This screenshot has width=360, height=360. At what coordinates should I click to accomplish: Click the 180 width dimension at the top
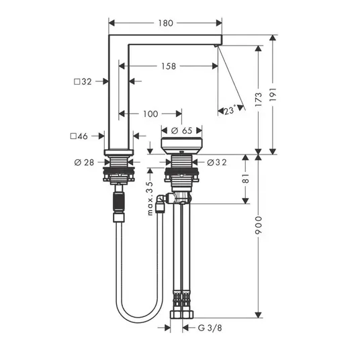165,24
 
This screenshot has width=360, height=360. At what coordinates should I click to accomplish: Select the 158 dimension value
169,66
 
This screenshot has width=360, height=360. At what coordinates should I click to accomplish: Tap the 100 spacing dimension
150,114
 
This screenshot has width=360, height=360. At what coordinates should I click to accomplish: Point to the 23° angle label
230,110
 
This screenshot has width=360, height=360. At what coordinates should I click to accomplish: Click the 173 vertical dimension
259,99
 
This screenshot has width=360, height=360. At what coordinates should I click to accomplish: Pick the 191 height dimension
273,94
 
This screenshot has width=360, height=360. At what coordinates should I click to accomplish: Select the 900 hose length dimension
259,225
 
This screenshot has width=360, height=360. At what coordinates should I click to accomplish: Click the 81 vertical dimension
246,178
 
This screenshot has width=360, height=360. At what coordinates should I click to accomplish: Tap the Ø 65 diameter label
181,131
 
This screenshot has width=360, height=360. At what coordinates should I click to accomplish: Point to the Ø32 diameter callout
217,163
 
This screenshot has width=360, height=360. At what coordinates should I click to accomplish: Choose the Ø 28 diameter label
84,163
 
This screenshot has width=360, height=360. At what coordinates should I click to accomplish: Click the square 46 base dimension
79,136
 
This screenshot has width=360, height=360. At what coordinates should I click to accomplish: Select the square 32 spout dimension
83,81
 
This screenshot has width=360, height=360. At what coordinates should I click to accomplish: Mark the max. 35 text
150,198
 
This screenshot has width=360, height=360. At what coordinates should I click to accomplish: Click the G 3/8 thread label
210,328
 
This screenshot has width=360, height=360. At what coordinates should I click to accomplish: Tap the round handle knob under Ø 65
181,146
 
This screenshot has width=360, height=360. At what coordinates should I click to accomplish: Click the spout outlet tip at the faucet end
215,46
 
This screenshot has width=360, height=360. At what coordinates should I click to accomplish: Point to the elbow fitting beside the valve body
161,199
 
